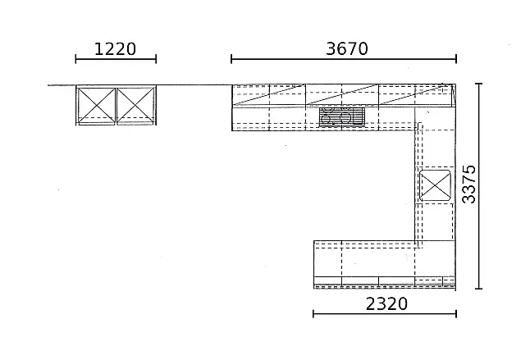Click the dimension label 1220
[x=115, y=49]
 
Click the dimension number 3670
[x=347, y=48]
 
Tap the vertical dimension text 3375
[x=468, y=184]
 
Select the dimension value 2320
[x=386, y=303]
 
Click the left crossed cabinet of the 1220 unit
[x=96, y=105]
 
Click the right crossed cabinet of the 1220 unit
[x=135, y=105]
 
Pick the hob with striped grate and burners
[x=342, y=117]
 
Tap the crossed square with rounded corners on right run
[x=435, y=185]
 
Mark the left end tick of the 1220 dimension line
[x=75, y=59]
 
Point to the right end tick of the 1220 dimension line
[x=156, y=59]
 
